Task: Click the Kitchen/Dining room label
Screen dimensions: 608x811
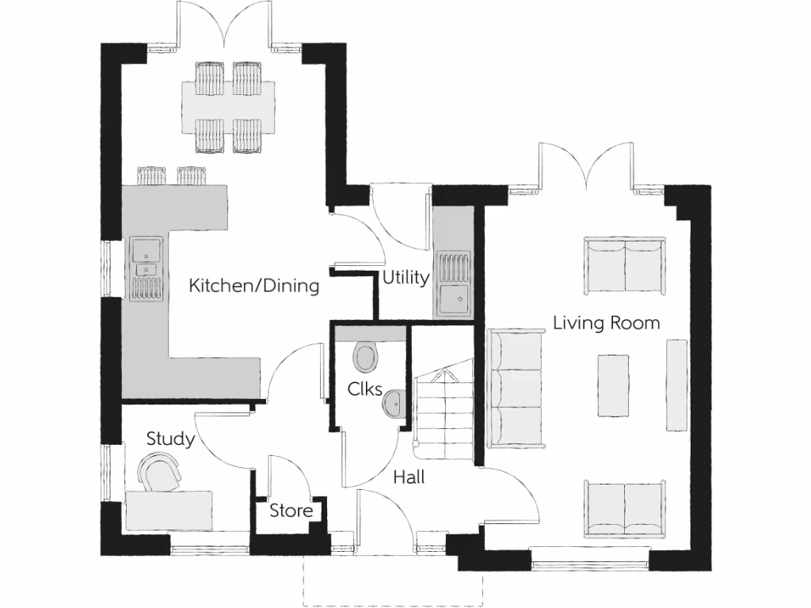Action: coord(253,286)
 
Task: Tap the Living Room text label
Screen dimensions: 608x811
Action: coord(606,323)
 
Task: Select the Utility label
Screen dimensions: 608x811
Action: coord(405,278)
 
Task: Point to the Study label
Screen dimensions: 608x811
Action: coord(170,439)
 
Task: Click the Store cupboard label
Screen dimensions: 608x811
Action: coord(291,511)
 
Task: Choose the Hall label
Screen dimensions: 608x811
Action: coord(409,477)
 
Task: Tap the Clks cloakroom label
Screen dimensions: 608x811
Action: coord(365,389)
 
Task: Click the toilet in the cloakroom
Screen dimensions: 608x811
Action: coord(366,355)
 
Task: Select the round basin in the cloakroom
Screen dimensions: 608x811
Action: coord(394,404)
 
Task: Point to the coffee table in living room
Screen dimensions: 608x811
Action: coord(613,386)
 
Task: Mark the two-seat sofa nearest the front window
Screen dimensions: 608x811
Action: coord(625,507)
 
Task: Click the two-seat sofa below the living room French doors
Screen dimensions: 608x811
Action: coord(625,264)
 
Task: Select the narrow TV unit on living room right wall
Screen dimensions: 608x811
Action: coord(676,385)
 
